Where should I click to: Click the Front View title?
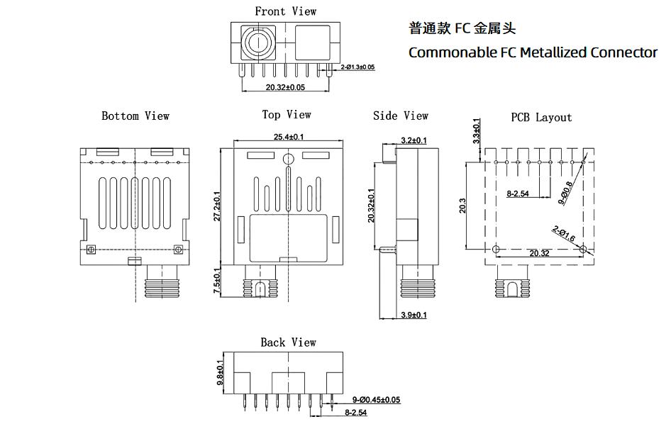pyautogui.click(x=285, y=11)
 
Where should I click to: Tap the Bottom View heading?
pyautogui.click(x=135, y=116)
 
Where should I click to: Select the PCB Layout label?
pyautogui.click(x=541, y=117)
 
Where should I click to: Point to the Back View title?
pyautogui.click(x=289, y=342)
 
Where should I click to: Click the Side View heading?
pyautogui.click(x=401, y=116)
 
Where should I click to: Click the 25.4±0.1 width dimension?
pyautogui.click(x=289, y=137)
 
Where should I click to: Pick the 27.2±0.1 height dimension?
pyautogui.click(x=217, y=206)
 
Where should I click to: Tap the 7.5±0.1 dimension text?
pyautogui.click(x=217, y=281)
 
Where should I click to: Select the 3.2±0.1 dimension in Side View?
pyautogui.click(x=414, y=140)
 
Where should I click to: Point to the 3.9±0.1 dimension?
pyautogui.click(x=414, y=315)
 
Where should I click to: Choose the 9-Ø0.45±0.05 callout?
pyautogui.click(x=376, y=400)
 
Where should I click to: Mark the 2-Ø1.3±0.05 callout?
pyautogui.click(x=357, y=67)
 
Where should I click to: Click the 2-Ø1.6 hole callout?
pyautogui.click(x=564, y=233)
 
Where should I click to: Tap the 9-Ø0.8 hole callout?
pyautogui.click(x=566, y=193)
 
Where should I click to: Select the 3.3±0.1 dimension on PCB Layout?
pyautogui.click(x=477, y=131)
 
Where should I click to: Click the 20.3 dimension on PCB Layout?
pyautogui.click(x=463, y=206)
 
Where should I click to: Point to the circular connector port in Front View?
pyautogui.click(x=258, y=43)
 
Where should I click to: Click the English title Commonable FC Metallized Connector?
pyautogui.click(x=533, y=52)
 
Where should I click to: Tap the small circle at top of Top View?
pyautogui.click(x=289, y=160)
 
